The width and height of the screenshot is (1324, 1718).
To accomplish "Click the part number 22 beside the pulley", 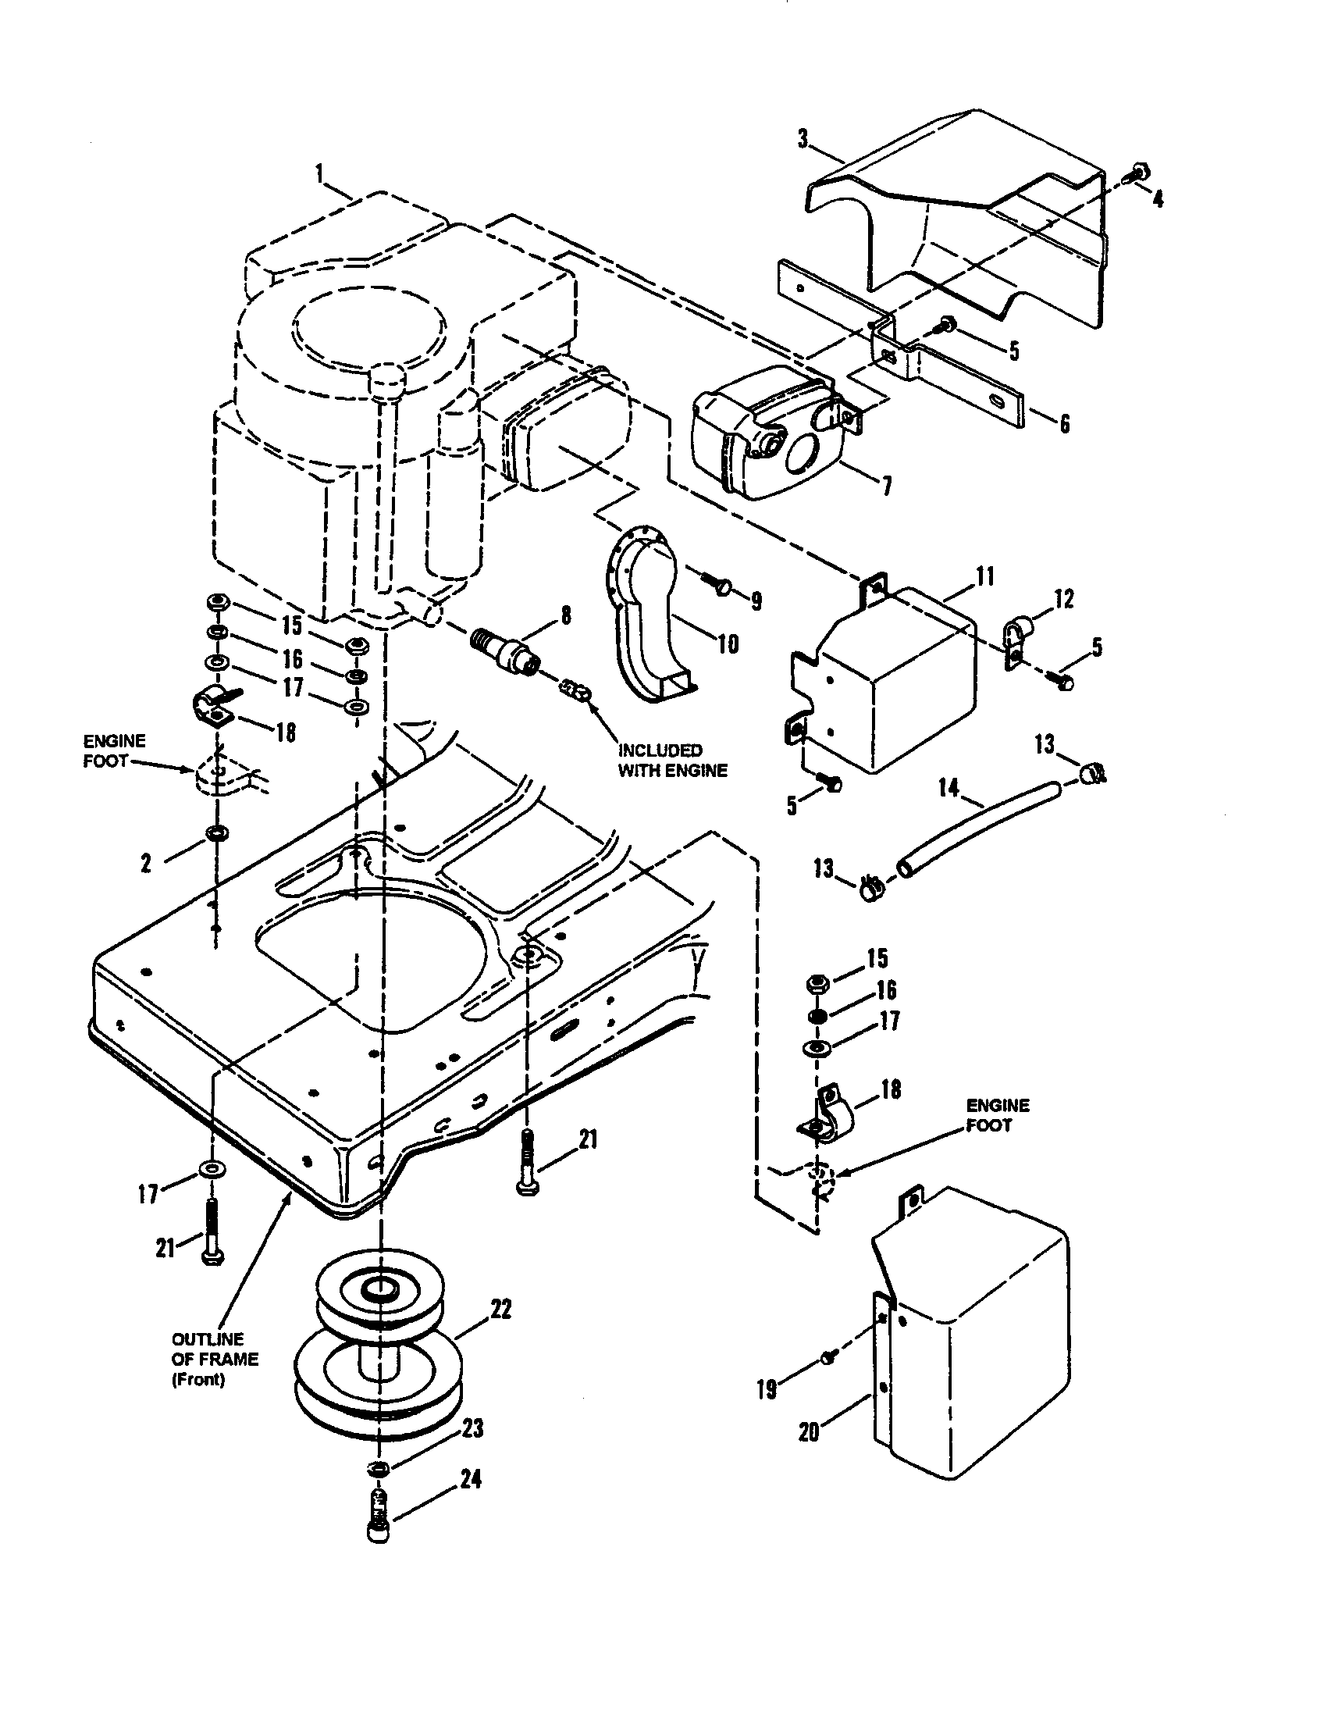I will coord(500,1309).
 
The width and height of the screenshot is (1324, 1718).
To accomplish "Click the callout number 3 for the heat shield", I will coord(803,139).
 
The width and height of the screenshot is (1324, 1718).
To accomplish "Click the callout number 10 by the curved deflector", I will coord(728,643).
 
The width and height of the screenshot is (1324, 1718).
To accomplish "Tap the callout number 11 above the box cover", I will coord(984,577).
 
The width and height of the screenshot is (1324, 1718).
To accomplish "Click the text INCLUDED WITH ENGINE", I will coord(672,760).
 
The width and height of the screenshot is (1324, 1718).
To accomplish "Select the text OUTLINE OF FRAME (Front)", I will coord(214,1360).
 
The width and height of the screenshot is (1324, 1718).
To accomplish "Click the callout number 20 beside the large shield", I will coord(809,1432).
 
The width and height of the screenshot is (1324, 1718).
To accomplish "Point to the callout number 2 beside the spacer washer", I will coord(146,864).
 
